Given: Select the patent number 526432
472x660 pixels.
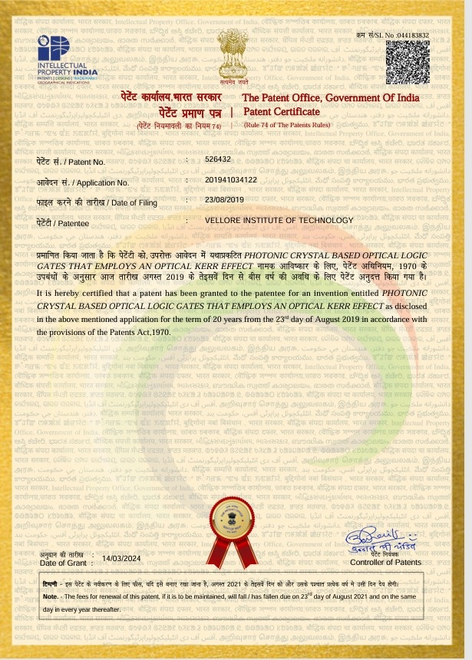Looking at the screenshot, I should [x=218, y=159].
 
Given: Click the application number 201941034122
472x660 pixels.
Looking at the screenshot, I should [x=236, y=179].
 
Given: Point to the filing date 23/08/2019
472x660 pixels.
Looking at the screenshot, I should [x=224, y=199].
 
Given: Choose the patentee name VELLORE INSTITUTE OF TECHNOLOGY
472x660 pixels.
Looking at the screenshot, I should [x=279, y=220].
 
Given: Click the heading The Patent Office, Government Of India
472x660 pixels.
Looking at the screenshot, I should [x=331, y=98].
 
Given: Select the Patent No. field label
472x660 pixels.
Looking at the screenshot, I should [x=71, y=163].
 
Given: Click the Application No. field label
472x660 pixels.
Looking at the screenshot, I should [x=83, y=182].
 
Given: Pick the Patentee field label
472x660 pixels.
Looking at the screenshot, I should [x=63, y=223].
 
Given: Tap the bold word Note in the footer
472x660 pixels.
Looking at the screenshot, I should [x=50, y=596].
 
